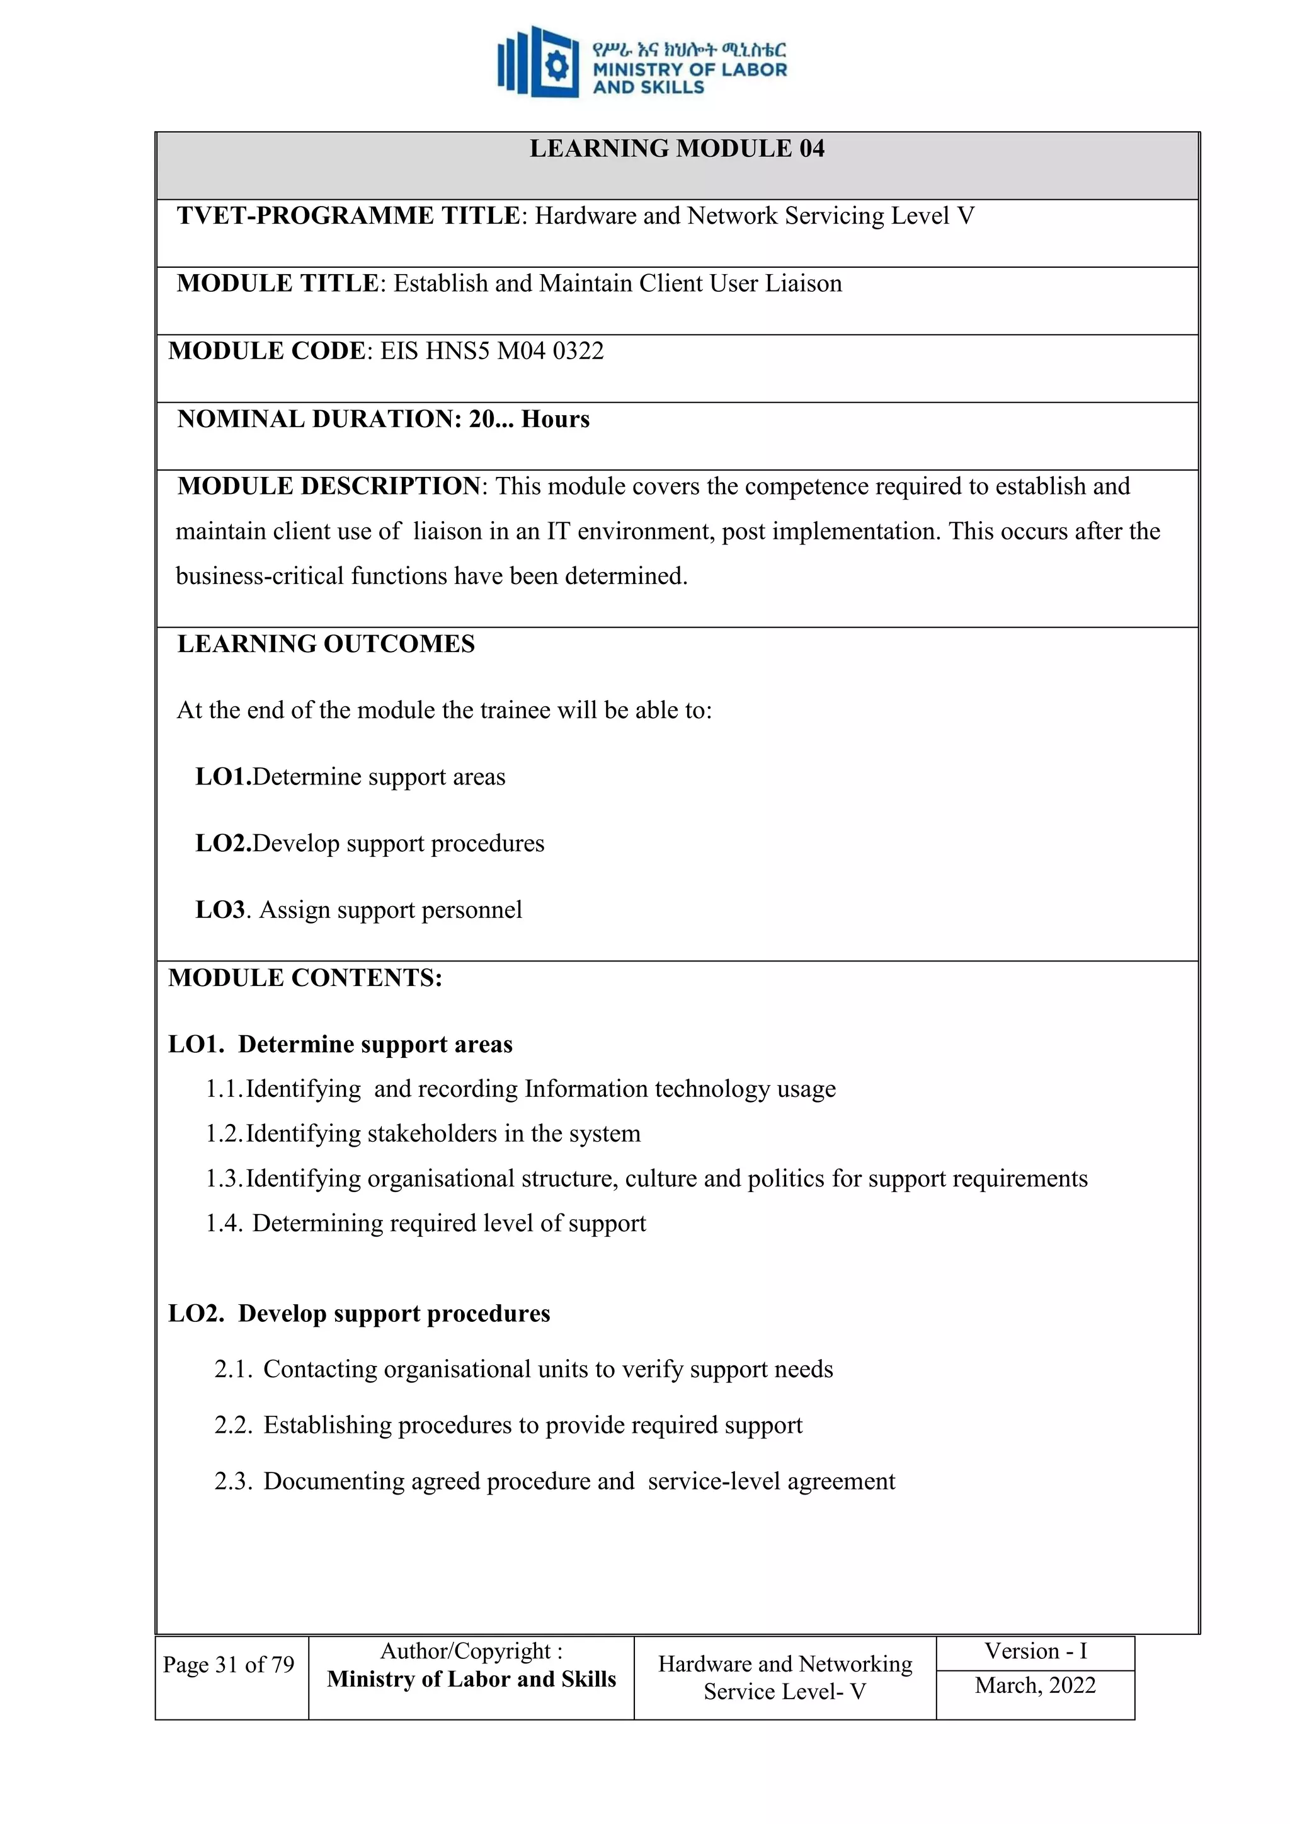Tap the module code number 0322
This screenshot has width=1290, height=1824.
(x=578, y=351)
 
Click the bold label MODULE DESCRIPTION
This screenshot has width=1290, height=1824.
(x=329, y=486)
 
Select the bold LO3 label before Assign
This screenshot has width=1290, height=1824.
(x=220, y=910)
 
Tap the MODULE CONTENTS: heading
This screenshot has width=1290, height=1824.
(x=305, y=978)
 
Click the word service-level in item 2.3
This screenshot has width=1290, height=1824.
(x=713, y=1482)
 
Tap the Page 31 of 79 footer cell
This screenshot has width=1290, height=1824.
(x=229, y=1665)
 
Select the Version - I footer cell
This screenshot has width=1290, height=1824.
(x=1035, y=1651)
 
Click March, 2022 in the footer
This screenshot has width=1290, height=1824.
(x=1035, y=1686)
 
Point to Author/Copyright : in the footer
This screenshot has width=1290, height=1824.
(x=471, y=1651)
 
